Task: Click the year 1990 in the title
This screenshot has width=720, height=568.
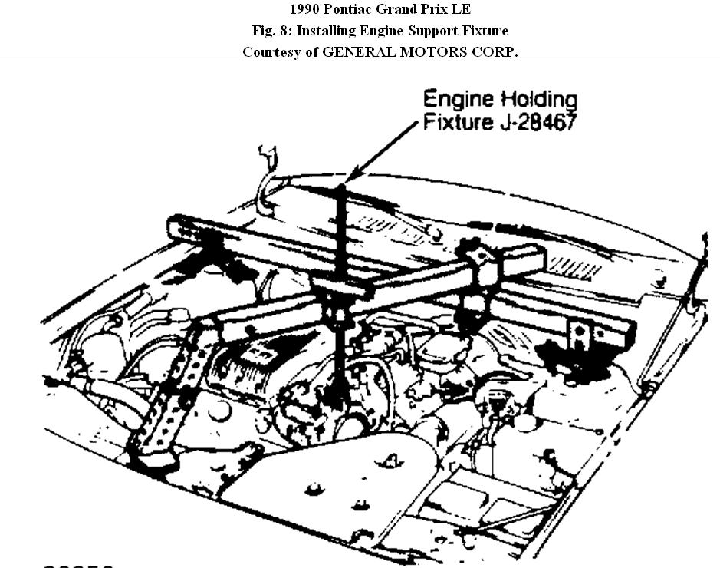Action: (306, 10)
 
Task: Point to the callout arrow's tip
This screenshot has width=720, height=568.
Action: (347, 182)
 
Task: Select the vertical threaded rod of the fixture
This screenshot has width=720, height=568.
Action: (340, 230)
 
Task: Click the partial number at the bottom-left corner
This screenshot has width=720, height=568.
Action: (77, 564)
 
